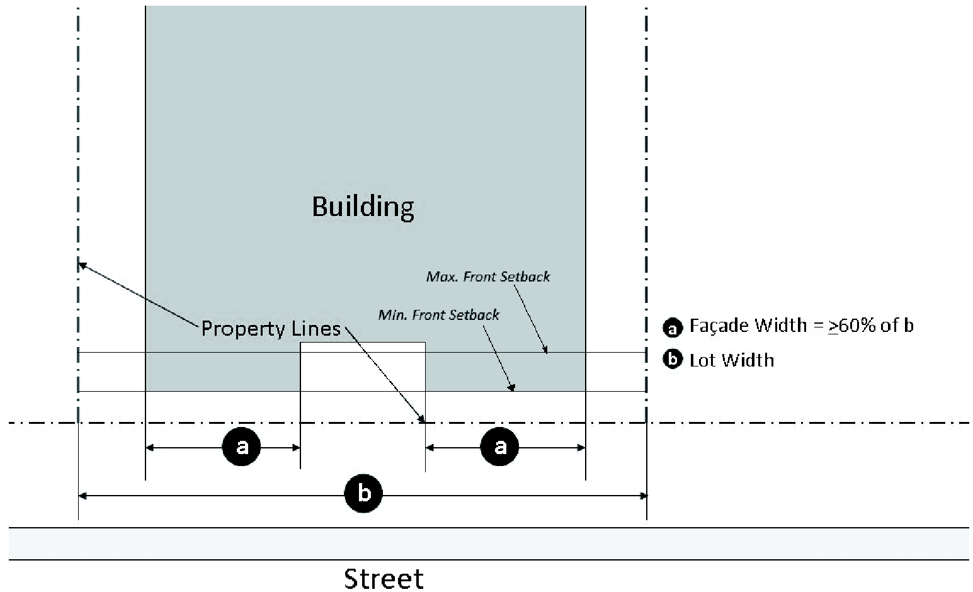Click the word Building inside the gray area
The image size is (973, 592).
point(363,207)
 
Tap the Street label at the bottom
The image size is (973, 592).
point(384,578)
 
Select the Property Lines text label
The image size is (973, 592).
point(271,329)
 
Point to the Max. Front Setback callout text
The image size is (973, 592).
point(488,276)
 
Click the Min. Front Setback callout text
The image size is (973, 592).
point(438,314)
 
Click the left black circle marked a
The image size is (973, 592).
point(241,447)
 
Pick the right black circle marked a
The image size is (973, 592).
point(499,447)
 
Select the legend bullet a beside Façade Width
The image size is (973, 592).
point(673,327)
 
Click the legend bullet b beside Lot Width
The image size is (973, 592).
point(673,360)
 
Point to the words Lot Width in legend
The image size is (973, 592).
point(732,360)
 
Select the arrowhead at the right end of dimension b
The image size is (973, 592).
point(643,496)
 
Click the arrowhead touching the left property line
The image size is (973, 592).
point(81,265)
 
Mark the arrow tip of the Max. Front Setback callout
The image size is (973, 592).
point(546,351)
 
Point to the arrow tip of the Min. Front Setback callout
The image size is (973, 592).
point(513,389)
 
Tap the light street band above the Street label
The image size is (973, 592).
point(489,544)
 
